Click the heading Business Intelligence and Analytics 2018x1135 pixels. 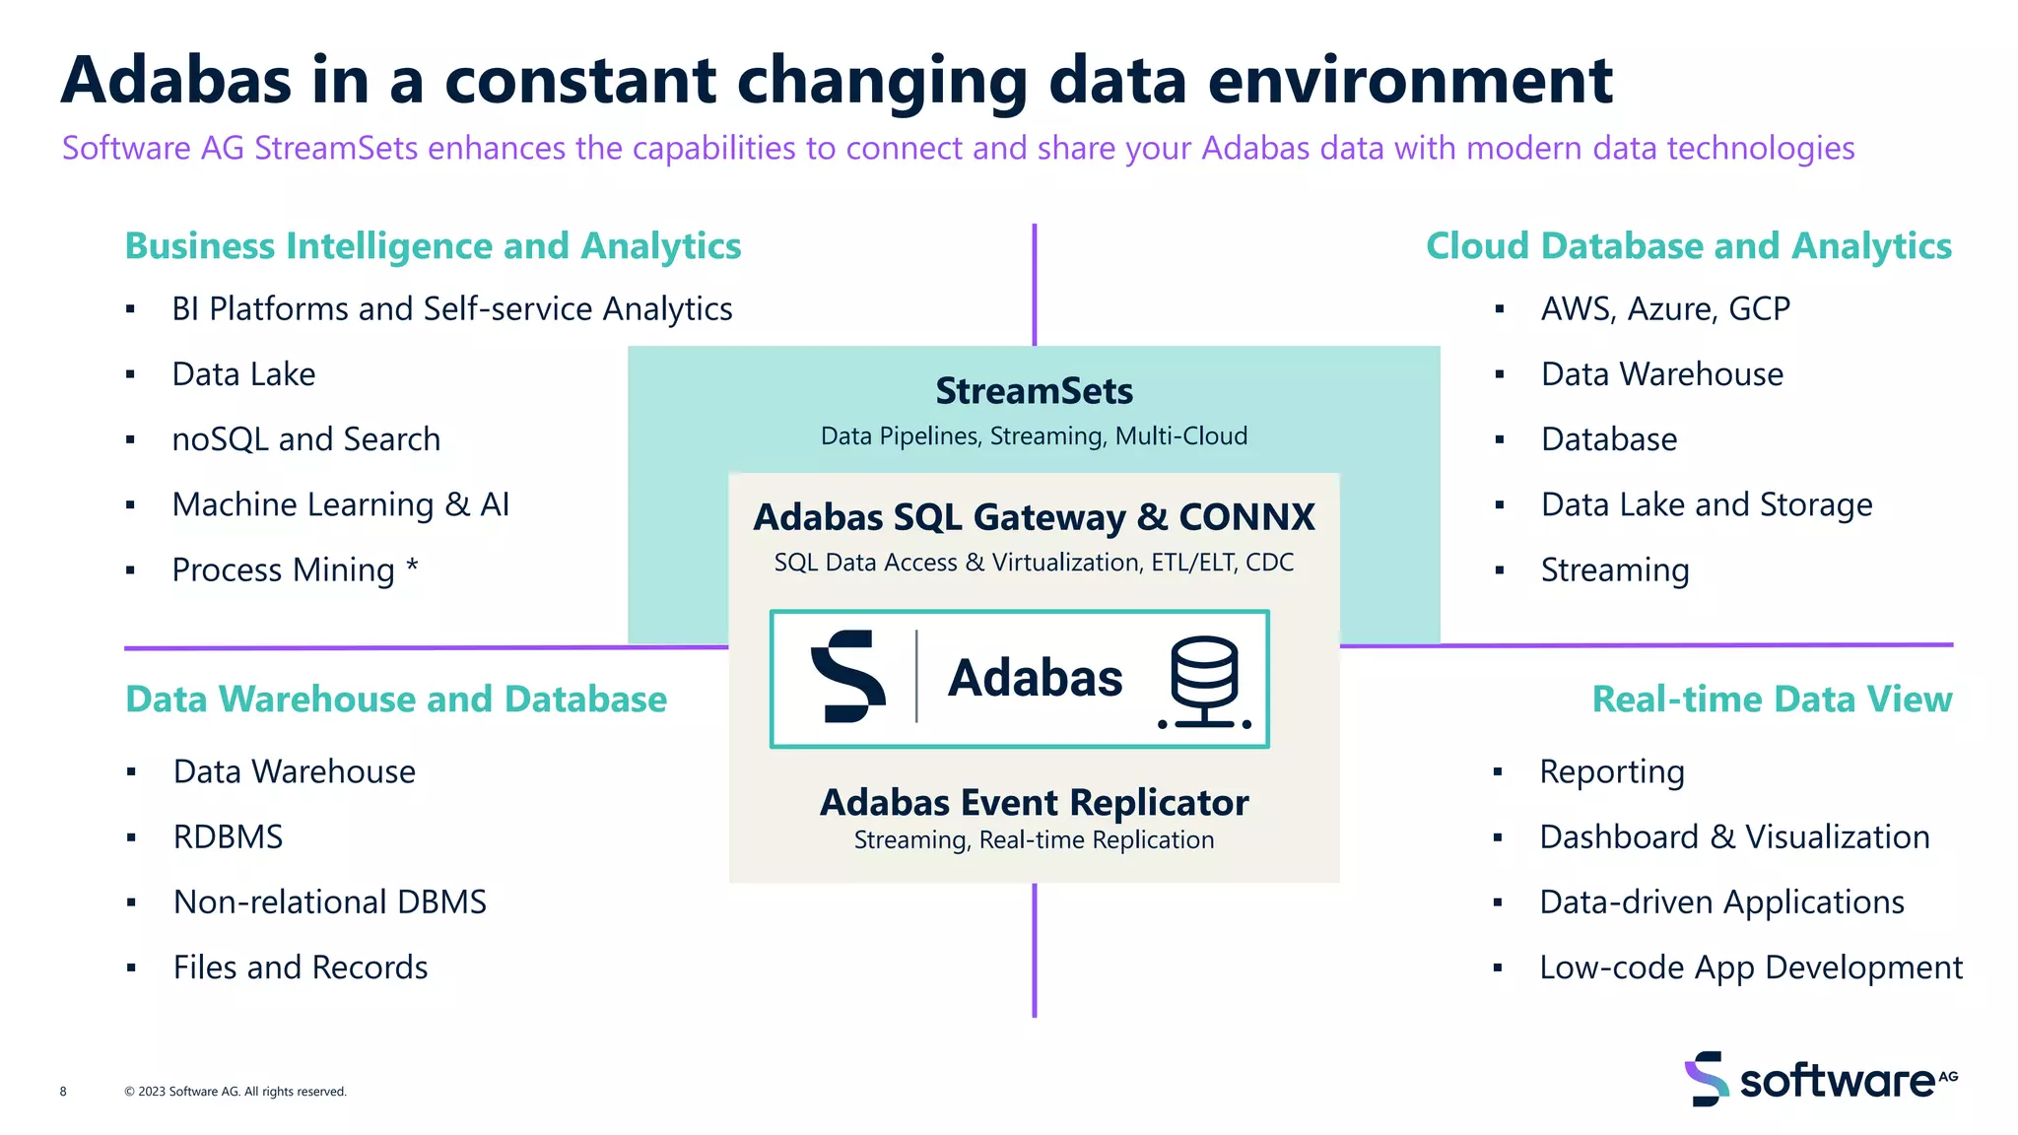click(433, 246)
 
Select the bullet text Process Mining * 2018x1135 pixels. click(295, 570)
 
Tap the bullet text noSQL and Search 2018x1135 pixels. click(305, 439)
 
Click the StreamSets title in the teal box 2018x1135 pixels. click(1034, 391)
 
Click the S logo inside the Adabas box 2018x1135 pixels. click(847, 677)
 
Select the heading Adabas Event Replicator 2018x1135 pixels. click(1034, 803)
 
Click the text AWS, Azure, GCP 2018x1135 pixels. click(1664, 309)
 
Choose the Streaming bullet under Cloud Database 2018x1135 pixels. click(1614, 570)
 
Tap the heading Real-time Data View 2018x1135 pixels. click(1771, 700)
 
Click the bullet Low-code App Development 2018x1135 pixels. click(1750, 968)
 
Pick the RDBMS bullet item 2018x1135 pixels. click(228, 837)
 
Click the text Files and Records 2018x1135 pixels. click(301, 968)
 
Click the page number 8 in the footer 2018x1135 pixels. click(63, 1092)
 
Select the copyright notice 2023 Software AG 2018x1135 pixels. click(235, 1092)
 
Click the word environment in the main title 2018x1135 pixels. click(1409, 81)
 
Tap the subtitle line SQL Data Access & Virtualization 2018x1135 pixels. click(1034, 563)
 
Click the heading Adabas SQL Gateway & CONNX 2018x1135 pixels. click(1034, 517)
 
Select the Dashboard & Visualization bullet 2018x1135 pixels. click(1733, 837)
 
